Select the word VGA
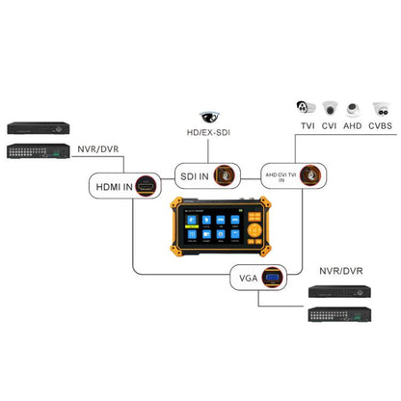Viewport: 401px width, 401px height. point(248,281)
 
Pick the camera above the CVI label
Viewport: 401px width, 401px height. point(331,110)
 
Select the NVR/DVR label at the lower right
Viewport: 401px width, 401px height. point(338,268)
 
